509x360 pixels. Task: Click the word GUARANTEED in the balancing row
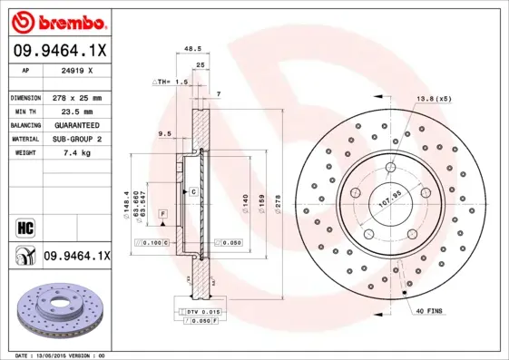(x=75, y=124)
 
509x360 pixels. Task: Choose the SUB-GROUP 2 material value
(x=75, y=139)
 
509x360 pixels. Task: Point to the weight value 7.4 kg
(x=67, y=153)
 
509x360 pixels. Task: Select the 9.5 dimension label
(x=164, y=133)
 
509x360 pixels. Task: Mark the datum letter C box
(x=193, y=192)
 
